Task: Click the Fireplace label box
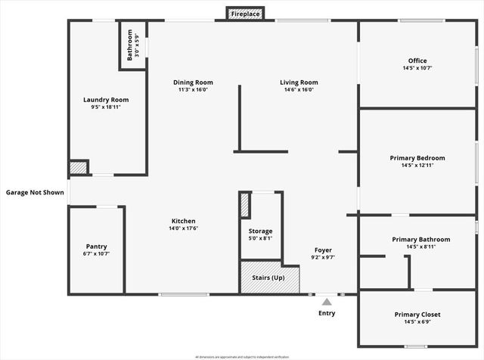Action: (x=245, y=14)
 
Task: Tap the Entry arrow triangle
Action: (x=327, y=302)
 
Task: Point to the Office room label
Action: (x=417, y=61)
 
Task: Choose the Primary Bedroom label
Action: (x=417, y=157)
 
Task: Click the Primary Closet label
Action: (x=417, y=314)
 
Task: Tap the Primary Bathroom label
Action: (x=417, y=239)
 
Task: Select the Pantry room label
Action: (x=96, y=246)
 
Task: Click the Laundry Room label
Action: (x=106, y=99)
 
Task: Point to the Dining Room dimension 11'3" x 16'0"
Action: (x=193, y=90)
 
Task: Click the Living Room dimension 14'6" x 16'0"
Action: (x=299, y=90)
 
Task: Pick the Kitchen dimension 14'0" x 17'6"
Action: (x=183, y=228)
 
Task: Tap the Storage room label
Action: (x=261, y=231)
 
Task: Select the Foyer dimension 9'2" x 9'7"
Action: (x=323, y=257)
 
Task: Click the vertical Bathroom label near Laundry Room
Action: (x=129, y=45)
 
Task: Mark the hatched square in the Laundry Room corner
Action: (x=77, y=168)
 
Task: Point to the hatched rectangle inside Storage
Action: (x=245, y=206)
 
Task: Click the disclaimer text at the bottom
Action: (x=242, y=355)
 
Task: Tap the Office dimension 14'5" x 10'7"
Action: (x=417, y=68)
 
